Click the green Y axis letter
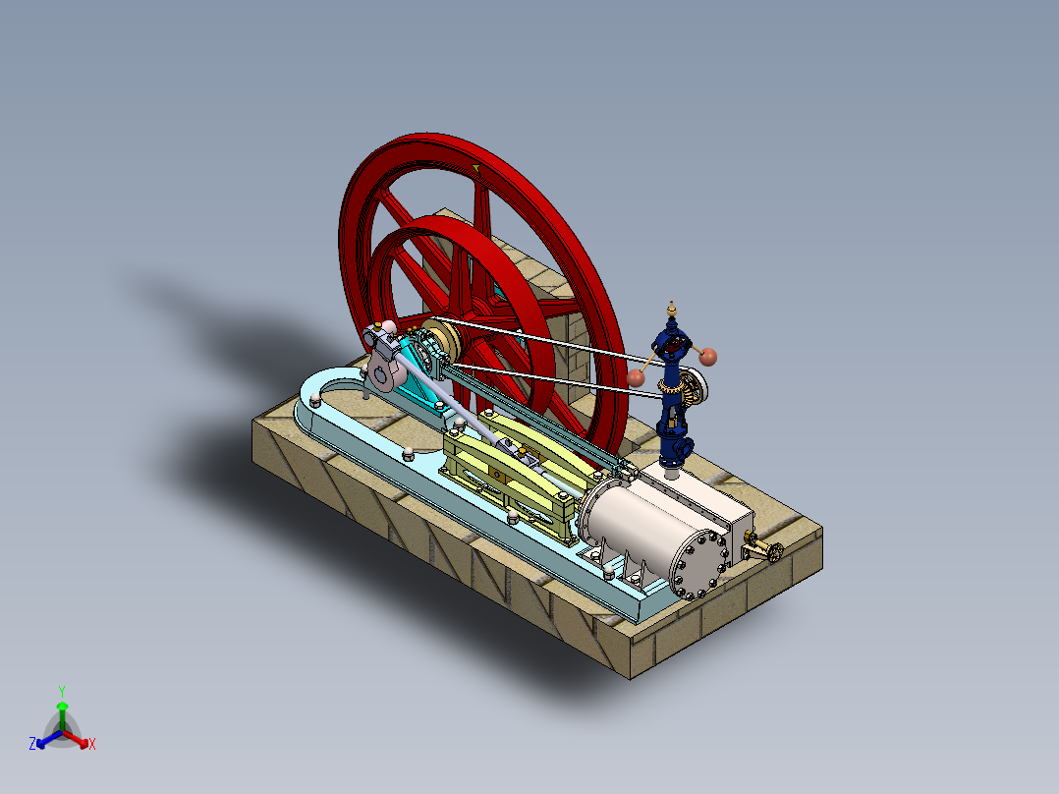pos(61,691)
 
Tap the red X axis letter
pos(92,744)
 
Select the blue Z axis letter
pos(32,744)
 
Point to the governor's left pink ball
pos(636,376)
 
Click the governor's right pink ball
pos(708,356)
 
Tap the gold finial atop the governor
pos(672,306)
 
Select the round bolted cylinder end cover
pos(698,565)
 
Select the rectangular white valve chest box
pos(705,507)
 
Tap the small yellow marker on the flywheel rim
pos(476,169)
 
